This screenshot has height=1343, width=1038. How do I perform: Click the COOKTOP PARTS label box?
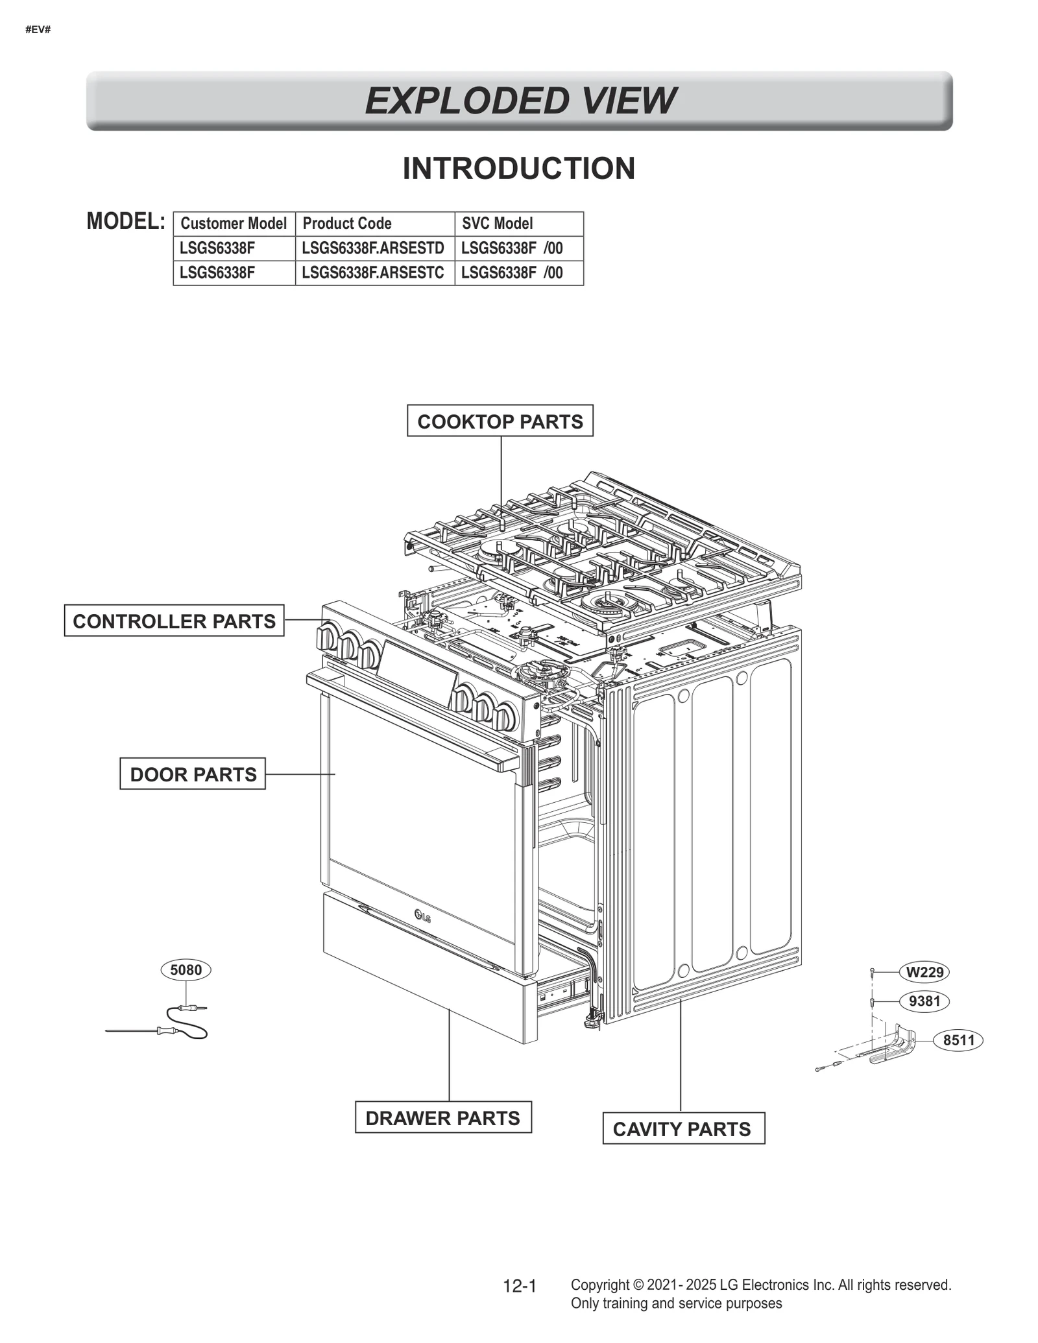click(500, 421)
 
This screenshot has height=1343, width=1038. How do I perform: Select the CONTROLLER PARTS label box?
click(174, 621)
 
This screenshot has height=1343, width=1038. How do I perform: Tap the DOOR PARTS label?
click(193, 774)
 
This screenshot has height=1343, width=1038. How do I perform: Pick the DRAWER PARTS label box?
click(442, 1117)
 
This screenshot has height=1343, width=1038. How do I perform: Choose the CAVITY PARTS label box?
click(683, 1128)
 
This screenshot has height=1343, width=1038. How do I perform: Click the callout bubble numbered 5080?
click(186, 969)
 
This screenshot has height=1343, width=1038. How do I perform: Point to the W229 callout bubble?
click(924, 972)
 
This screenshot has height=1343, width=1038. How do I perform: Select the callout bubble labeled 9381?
click(924, 1001)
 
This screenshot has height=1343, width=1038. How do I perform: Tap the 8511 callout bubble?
click(958, 1040)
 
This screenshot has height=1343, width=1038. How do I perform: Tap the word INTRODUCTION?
click(518, 169)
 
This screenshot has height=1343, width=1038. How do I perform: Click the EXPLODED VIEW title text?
click(519, 101)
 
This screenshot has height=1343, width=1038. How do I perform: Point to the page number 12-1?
click(519, 1285)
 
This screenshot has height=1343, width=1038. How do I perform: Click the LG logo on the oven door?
click(422, 916)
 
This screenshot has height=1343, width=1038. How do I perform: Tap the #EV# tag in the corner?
click(38, 30)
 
